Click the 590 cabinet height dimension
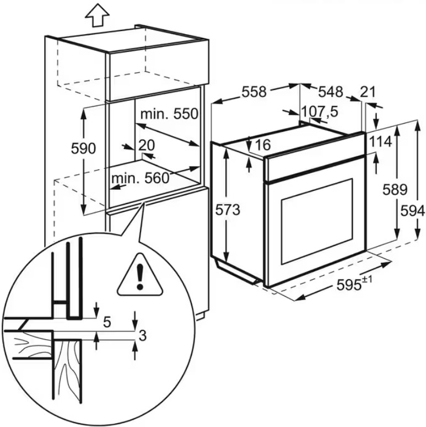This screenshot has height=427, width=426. [84, 148]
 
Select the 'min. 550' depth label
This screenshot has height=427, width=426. [169, 114]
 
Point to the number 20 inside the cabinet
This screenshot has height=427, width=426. [146, 145]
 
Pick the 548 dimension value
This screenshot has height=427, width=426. [330, 92]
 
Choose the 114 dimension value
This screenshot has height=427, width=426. [380, 142]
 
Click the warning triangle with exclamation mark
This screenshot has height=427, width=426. [141, 273]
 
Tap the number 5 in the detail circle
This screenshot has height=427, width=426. [107, 321]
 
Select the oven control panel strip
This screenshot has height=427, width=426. [314, 169]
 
